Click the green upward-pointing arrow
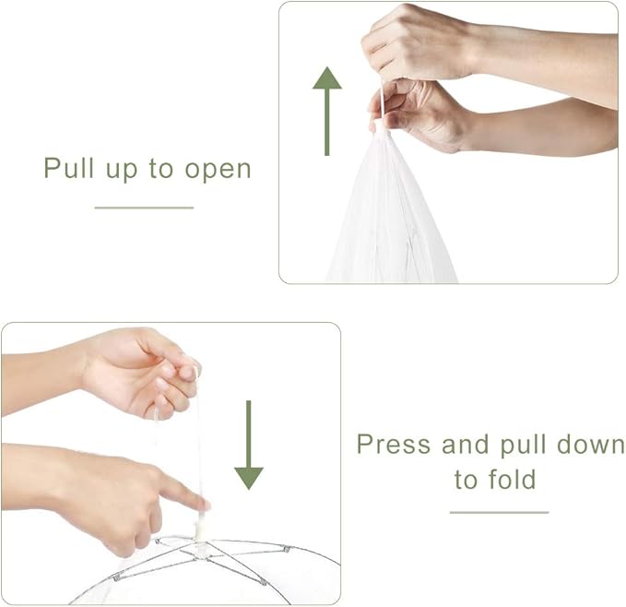[x=327, y=111]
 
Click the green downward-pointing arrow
[x=249, y=445]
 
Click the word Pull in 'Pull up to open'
[x=68, y=168]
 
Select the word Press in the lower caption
[x=394, y=444]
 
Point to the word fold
[x=512, y=479]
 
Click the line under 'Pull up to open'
[x=144, y=208]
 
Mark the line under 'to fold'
[x=500, y=512]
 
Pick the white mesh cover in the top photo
[x=391, y=211]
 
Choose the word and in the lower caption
[x=465, y=444]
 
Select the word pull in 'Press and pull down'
[x=523, y=445]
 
